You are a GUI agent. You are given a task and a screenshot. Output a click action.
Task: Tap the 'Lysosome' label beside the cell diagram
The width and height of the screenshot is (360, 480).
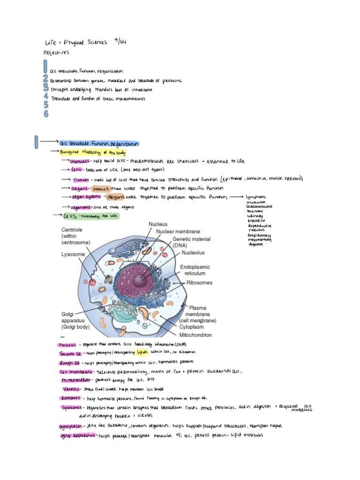click(x=73, y=254)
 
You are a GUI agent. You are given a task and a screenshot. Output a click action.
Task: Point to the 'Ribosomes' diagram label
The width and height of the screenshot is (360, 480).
click(x=199, y=283)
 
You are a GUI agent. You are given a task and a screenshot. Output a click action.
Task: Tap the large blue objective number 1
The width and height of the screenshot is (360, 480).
click(x=45, y=65)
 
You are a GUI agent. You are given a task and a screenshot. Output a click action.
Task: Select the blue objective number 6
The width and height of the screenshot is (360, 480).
click(x=46, y=113)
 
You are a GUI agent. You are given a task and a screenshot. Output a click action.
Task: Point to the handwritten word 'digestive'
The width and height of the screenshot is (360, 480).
click(x=255, y=244)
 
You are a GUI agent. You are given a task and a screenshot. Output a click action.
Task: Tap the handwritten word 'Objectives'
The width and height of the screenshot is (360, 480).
click(x=56, y=52)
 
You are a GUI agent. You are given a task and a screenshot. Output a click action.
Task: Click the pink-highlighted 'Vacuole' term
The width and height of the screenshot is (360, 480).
click(x=71, y=389)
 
